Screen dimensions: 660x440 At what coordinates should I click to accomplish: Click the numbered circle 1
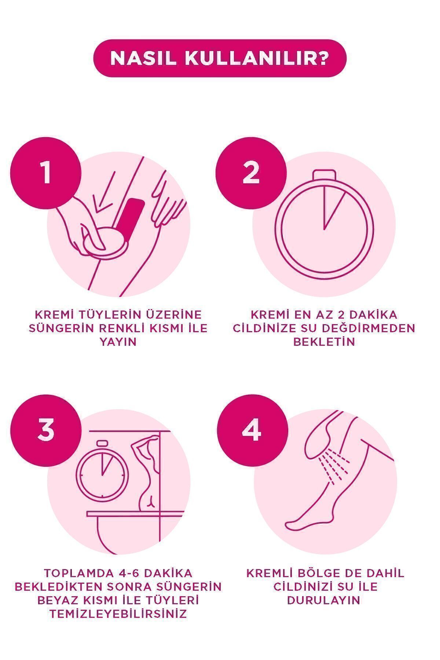(x=45, y=173)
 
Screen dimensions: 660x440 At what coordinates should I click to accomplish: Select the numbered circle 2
(x=251, y=173)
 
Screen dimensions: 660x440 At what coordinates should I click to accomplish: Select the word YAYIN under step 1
(x=118, y=342)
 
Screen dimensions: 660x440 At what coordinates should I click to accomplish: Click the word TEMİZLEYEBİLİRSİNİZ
(x=118, y=614)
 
